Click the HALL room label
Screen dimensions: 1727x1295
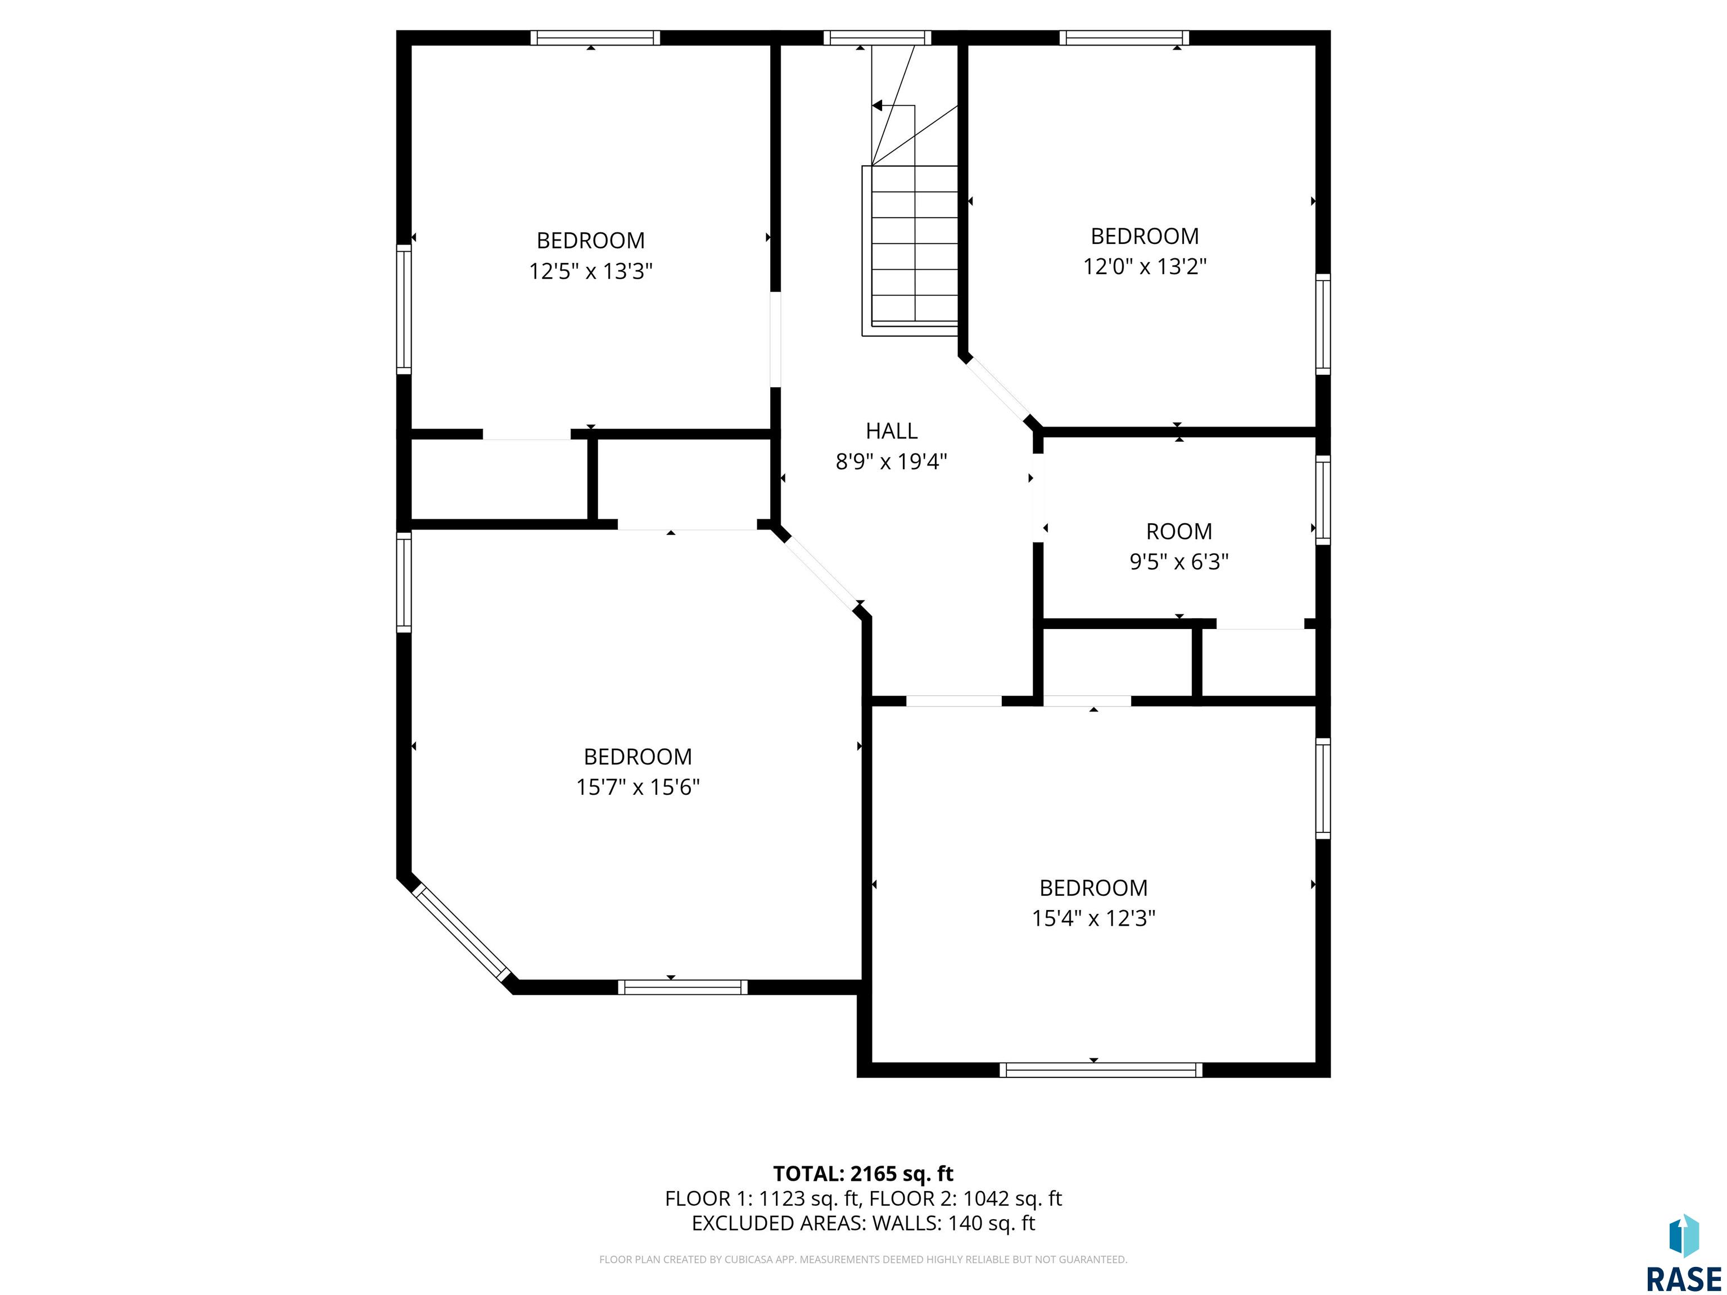[x=891, y=431]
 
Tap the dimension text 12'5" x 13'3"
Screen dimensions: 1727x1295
[x=590, y=271]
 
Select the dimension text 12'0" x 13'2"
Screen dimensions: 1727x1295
[x=1145, y=266]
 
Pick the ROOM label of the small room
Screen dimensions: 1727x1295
[x=1179, y=532]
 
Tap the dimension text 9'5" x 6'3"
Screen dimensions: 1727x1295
[x=1179, y=562]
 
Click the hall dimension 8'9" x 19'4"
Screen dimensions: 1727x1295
[x=891, y=461]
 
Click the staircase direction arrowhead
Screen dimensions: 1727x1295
[x=877, y=105]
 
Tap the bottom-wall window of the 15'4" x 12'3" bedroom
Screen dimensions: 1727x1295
[x=1101, y=1070]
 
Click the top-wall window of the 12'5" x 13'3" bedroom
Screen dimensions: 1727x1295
[x=595, y=38]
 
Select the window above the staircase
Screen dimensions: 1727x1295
[x=878, y=38]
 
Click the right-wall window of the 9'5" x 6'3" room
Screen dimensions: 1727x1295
[x=1323, y=500]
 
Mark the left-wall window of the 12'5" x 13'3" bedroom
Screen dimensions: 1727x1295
[x=404, y=309]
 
